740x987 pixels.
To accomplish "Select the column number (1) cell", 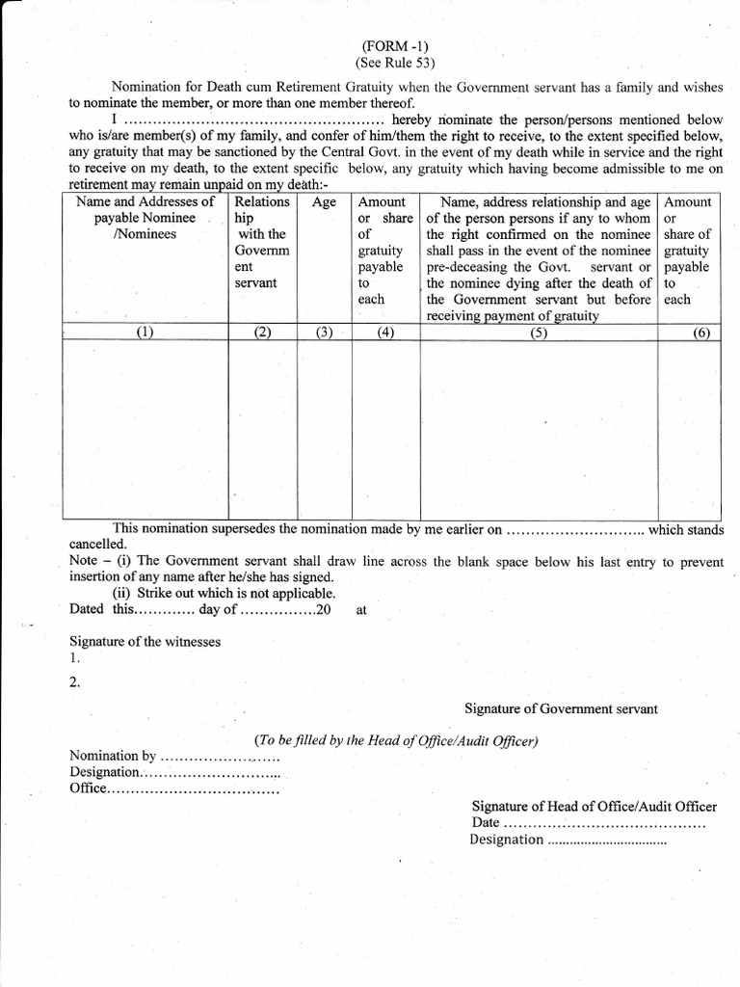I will pyautogui.click(x=145, y=333).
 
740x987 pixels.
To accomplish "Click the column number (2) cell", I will pyautogui.click(x=262, y=333).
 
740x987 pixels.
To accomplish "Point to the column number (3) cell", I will pyautogui.click(x=324, y=333).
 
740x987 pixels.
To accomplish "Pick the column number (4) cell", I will pyautogui.click(x=385, y=333).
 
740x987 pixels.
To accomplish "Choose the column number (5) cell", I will pyautogui.click(x=539, y=333).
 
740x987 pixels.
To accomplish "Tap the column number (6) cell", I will pyautogui.click(x=700, y=333).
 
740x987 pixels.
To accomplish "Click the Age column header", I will pyautogui.click(x=324, y=203).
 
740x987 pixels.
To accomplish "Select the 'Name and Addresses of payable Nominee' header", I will pyautogui.click(x=145, y=218).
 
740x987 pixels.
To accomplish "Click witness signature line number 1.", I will pyautogui.click(x=75, y=659).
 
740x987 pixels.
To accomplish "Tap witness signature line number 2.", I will pyautogui.click(x=75, y=682).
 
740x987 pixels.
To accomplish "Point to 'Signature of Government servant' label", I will pyautogui.click(x=561, y=708).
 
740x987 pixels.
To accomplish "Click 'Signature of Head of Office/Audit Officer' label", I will pyautogui.click(x=594, y=807).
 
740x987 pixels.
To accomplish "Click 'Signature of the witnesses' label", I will pyautogui.click(x=145, y=641).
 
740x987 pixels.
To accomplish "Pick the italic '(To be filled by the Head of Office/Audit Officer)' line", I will pyautogui.click(x=396, y=740).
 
